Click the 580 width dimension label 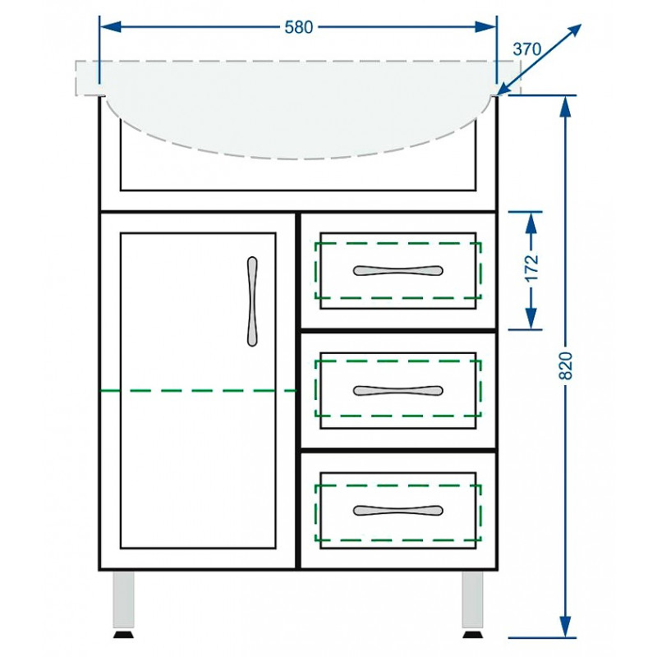299,27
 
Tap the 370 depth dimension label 526,49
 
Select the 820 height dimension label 566,365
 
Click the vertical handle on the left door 252,301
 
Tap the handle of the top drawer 397,270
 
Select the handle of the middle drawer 397,391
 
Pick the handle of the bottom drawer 397,510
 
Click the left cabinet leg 124,600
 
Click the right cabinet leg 473,600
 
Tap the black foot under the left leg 124,633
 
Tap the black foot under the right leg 473,633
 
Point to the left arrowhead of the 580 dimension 111,27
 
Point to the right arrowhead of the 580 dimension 485,27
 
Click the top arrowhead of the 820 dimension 566,107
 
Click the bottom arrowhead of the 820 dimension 566,627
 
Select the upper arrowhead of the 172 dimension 531,223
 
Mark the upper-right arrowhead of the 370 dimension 573,32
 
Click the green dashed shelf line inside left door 198,391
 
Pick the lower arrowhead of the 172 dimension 531,319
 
